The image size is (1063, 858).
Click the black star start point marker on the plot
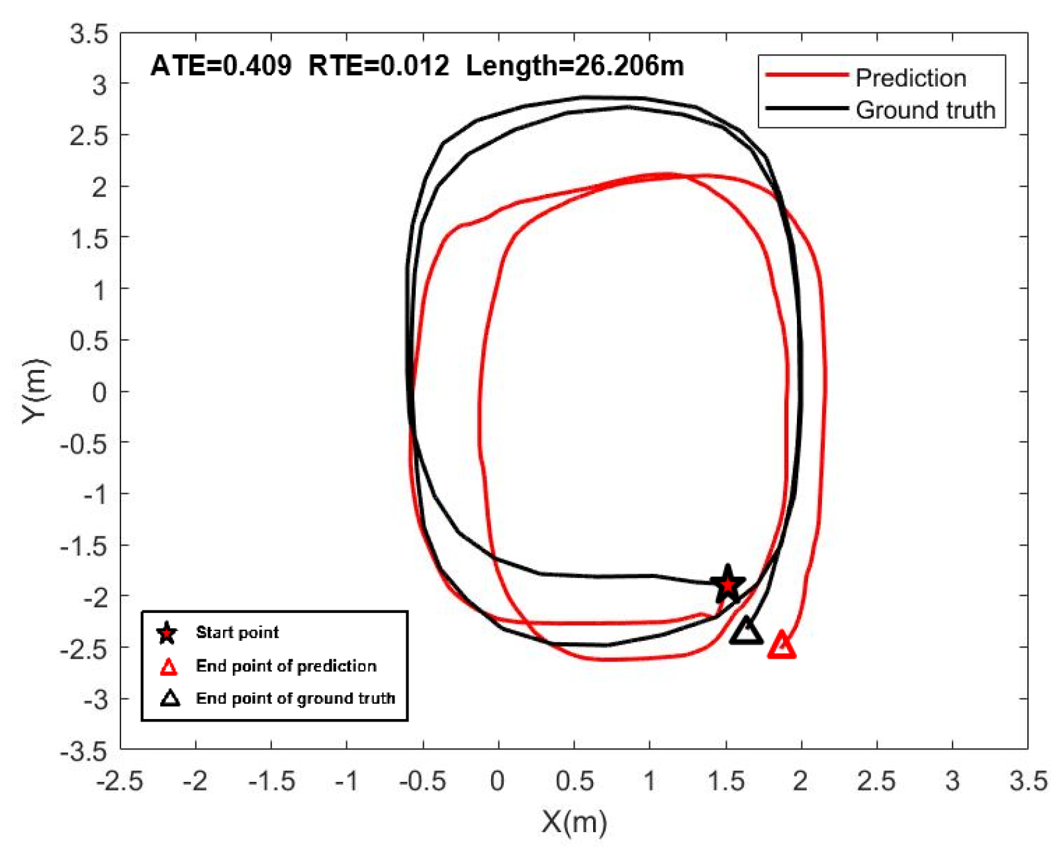pos(727,585)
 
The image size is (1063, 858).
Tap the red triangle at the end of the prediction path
pos(782,645)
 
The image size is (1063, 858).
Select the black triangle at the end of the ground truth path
pos(746,631)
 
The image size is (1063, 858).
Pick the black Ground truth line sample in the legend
pos(806,109)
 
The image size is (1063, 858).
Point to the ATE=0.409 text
pos(220,66)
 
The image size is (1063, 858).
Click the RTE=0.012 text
pos(379,66)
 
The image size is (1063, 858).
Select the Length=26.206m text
pos(575,66)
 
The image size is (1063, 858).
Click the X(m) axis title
pos(574,822)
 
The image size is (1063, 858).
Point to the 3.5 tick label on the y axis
pos(89,34)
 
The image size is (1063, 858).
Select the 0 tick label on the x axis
pos(498,781)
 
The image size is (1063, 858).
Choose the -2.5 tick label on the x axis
pos(120,781)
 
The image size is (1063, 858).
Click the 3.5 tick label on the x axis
pos(1028,781)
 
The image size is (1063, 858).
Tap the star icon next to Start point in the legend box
pos(167,633)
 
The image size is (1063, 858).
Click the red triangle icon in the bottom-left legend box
pos(169,667)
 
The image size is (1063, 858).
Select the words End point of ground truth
pos(295,698)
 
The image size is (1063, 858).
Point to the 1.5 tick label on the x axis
pos(726,781)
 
